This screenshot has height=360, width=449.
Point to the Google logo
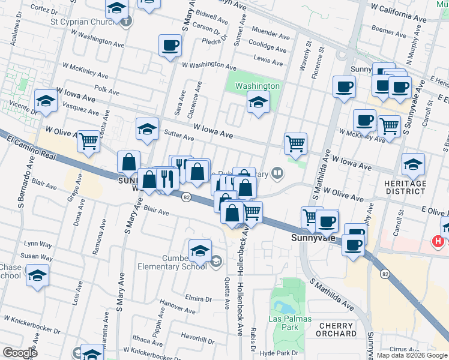(19, 352)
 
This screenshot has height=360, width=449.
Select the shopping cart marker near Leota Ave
(88, 142)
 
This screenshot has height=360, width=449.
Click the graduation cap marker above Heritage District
(413, 163)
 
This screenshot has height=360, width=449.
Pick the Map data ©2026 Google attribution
(412, 355)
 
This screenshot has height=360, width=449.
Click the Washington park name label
(257, 86)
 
